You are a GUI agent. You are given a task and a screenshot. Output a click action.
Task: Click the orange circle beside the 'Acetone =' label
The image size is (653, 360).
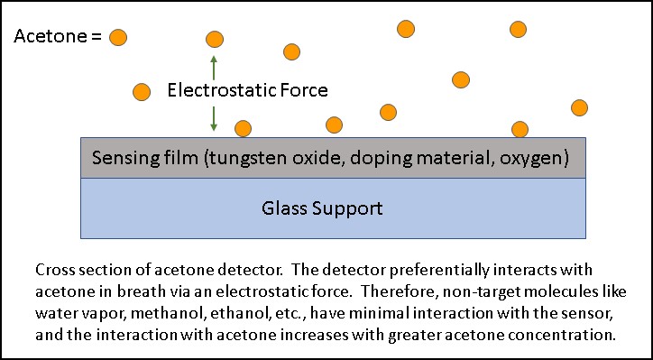coord(118,37)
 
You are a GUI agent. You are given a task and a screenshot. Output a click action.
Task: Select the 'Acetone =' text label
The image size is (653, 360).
coord(57,37)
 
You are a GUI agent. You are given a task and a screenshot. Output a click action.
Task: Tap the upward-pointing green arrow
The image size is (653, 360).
coord(214,66)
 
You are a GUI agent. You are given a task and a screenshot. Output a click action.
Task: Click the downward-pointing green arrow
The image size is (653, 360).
coord(214,117)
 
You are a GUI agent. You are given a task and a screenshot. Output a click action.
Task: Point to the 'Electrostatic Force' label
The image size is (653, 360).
coord(247,90)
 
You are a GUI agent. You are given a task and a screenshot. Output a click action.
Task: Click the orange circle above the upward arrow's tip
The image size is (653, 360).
coord(214,39)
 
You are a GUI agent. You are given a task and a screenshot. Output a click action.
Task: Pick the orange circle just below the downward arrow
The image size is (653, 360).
coord(243,129)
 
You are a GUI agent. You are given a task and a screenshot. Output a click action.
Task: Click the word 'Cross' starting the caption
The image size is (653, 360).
coord(53,271)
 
